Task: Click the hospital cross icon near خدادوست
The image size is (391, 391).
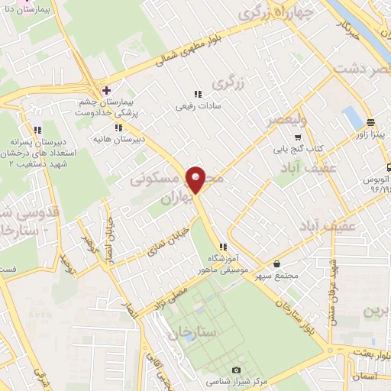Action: coord(106,90)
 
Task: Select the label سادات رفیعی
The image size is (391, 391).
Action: coord(197,105)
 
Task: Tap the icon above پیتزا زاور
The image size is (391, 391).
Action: coord(370,122)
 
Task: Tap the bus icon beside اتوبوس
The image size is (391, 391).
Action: coord(387,167)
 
